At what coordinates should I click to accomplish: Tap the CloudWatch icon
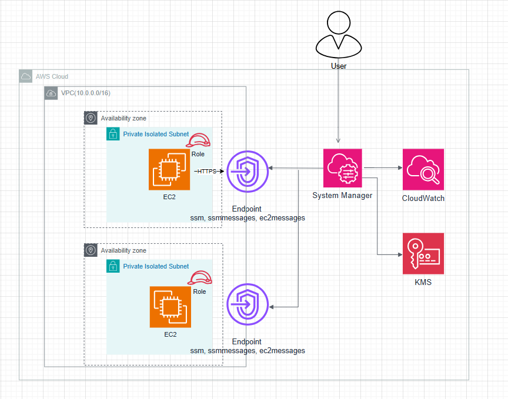point(423,169)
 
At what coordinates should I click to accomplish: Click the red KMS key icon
point(423,254)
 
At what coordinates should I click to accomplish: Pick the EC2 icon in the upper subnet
point(169,169)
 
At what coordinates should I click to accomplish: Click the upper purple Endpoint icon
point(248,171)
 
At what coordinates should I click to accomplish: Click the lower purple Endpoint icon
point(248,304)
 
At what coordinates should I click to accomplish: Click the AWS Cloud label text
point(52,76)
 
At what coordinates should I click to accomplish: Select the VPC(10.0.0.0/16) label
point(86,93)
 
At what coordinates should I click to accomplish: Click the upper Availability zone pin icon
point(91,118)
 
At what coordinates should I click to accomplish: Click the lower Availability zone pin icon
point(91,250)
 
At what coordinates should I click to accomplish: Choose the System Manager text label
point(342,196)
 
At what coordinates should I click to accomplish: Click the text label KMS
point(423,283)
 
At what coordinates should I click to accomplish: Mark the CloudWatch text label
point(423,199)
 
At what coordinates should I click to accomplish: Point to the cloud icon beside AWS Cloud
point(26,76)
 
